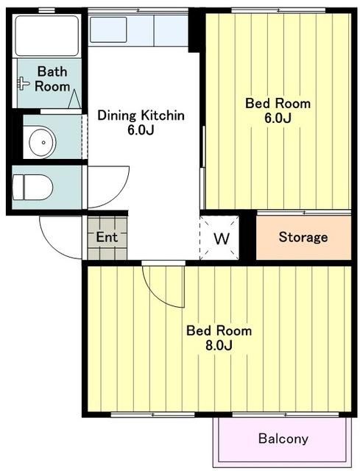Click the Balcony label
click(283, 439)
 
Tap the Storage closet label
click(303, 237)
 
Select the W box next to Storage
click(220, 238)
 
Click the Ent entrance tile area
click(107, 238)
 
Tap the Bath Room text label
click(52, 79)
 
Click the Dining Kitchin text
click(141, 116)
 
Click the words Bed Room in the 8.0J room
click(219, 330)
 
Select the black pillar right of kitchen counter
click(196, 29)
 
